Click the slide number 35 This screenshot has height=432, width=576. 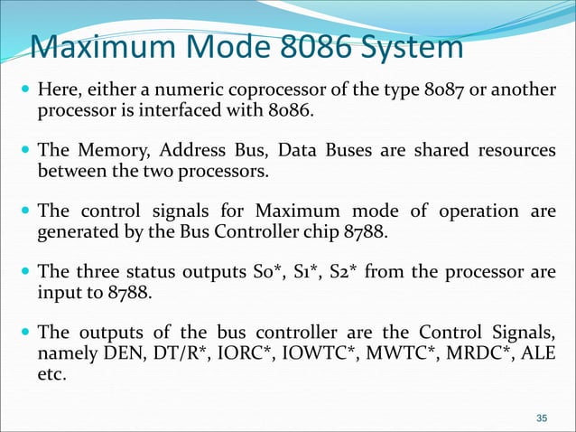coord(542,417)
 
